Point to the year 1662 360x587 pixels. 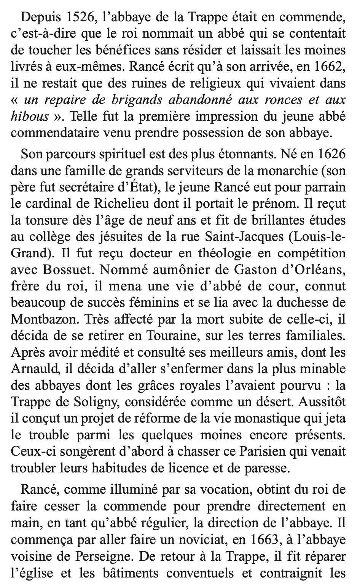(x=332, y=67)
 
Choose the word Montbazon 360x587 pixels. (x=42, y=320)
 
